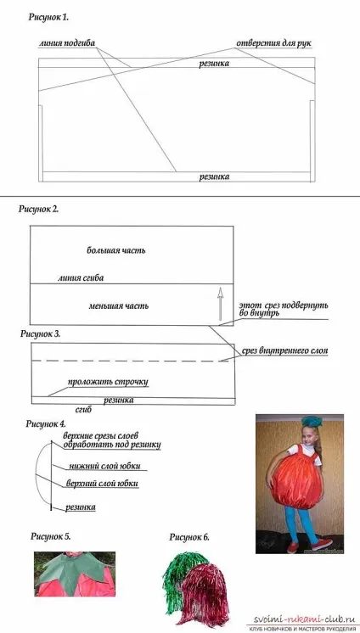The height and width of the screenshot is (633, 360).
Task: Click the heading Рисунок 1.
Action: click(x=48, y=17)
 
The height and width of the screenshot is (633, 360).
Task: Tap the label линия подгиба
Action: click(x=67, y=43)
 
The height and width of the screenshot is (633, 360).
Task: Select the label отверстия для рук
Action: click(x=273, y=43)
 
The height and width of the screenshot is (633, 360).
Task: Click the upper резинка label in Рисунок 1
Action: click(x=214, y=64)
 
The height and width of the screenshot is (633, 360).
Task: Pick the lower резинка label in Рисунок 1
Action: click(x=214, y=176)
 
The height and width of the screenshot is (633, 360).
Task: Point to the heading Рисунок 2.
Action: click(x=39, y=209)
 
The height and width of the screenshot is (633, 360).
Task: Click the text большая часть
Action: click(x=116, y=250)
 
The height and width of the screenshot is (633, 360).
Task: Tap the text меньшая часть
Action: click(x=118, y=305)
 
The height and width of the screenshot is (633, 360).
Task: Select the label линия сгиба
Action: click(x=81, y=277)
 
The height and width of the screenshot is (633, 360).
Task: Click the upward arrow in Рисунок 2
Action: click(x=220, y=304)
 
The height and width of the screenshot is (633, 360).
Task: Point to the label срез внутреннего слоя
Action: click(x=284, y=351)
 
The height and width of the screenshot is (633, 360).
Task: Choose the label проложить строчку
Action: click(x=108, y=382)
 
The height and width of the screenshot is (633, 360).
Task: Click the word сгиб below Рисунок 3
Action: click(x=84, y=410)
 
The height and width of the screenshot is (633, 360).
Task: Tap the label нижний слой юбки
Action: click(x=104, y=466)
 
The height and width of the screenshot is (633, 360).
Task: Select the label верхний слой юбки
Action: click(x=101, y=483)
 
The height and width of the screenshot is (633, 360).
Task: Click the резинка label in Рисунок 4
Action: click(x=81, y=507)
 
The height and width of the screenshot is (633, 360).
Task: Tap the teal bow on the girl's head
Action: click(x=312, y=421)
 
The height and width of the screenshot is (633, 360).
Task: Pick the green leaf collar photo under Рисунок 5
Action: click(x=75, y=574)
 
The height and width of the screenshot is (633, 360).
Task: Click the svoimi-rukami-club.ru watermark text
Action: click(x=302, y=619)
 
